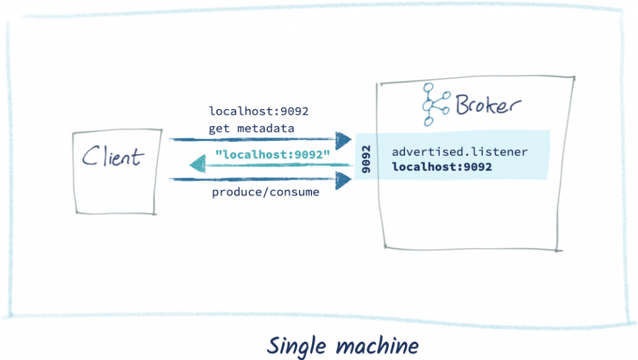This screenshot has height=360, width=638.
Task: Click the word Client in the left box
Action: point(113,157)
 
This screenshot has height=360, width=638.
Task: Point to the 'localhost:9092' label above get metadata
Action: point(259,111)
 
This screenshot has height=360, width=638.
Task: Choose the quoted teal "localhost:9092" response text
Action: point(272,154)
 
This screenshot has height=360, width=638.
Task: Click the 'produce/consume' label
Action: point(265,192)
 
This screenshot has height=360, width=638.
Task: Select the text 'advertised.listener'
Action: point(460,151)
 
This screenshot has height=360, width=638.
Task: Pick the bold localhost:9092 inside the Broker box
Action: point(442,167)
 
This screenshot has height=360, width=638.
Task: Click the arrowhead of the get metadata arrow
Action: point(343,140)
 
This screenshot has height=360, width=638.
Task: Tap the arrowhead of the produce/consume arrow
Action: point(343,180)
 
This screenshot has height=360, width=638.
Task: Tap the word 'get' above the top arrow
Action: point(219,128)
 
